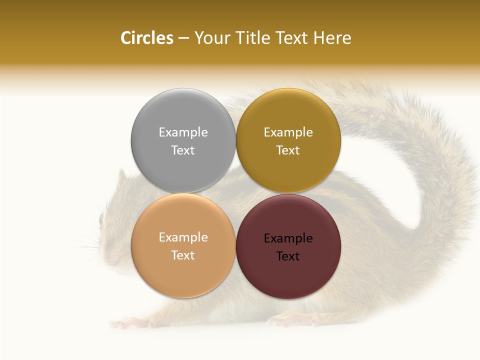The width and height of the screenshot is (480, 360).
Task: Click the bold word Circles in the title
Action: point(146,38)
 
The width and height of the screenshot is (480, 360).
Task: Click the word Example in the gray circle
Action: point(183,132)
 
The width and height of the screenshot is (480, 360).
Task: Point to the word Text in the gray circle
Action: point(183,150)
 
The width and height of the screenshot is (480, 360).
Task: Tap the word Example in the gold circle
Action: point(288,132)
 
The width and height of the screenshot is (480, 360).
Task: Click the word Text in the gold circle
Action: point(288,150)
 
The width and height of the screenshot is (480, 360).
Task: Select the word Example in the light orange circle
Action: point(183,237)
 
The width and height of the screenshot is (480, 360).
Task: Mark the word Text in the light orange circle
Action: point(183,255)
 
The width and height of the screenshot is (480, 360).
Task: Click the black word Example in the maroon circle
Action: point(288,238)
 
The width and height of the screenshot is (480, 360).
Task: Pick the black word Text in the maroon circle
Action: point(288,256)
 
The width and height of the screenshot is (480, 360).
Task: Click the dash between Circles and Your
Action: point(183,38)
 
